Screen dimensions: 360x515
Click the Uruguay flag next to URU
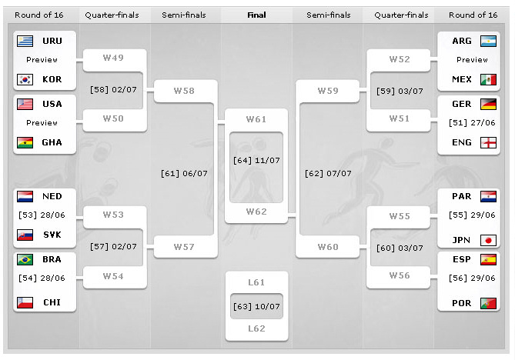click(25, 41)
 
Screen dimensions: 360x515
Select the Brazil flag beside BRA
click(25, 259)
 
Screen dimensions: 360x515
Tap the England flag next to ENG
click(488, 142)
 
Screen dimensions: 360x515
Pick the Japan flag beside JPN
click(488, 240)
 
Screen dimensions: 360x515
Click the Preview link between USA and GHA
click(42, 123)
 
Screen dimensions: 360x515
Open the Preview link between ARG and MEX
click(472, 60)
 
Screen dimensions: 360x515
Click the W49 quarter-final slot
click(112, 58)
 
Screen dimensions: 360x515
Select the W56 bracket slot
click(399, 275)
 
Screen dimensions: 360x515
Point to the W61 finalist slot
click(256, 119)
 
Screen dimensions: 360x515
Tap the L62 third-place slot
click(256, 328)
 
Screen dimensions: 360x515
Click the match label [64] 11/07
click(256, 160)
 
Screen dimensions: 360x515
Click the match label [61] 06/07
click(184, 174)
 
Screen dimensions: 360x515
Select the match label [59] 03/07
click(400, 92)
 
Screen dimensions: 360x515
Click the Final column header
click(256, 15)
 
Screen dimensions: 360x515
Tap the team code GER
click(462, 105)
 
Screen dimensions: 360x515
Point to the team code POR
click(462, 303)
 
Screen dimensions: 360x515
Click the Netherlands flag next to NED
click(25, 196)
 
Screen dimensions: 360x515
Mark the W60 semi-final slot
click(328, 248)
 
